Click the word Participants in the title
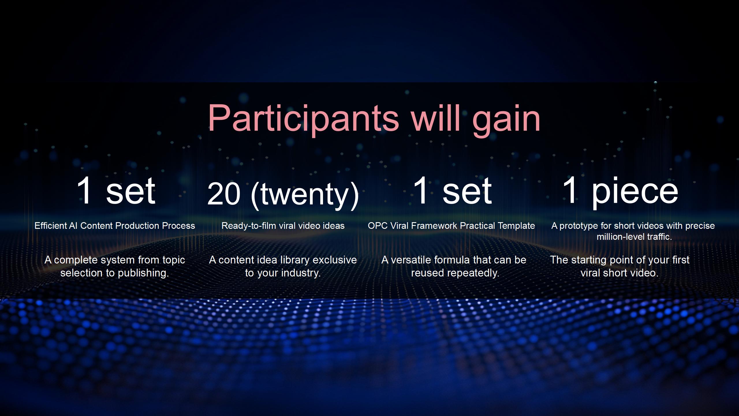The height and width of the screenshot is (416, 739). point(303,118)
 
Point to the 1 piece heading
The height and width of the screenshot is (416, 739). point(620,191)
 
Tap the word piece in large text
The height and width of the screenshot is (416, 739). point(635,192)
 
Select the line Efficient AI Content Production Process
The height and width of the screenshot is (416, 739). point(115,226)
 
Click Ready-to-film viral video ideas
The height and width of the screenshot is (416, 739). point(283,226)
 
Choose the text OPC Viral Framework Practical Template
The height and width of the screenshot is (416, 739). point(451,226)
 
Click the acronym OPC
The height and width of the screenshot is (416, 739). point(378,226)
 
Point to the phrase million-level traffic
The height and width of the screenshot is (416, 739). point(634,237)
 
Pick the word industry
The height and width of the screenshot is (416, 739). point(301,273)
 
